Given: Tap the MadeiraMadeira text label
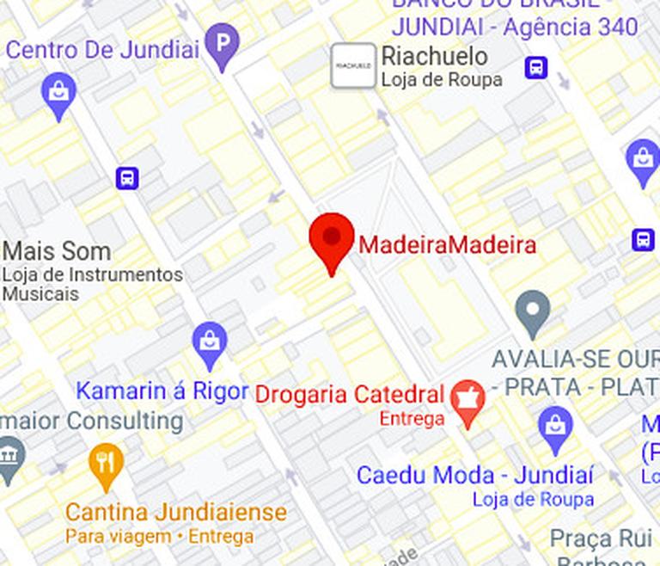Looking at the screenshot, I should pos(447,245).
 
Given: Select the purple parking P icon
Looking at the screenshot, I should pos(223,44).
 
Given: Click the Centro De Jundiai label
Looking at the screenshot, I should pos(102,49).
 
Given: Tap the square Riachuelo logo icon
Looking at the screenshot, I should pos(353,65).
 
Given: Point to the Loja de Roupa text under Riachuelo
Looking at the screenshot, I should pos(442,81).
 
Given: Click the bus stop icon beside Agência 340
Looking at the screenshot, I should pos(537,66).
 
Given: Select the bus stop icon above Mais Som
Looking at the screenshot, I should pos(127,178).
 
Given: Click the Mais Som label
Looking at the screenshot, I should pos(57,251).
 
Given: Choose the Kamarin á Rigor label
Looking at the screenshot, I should pos(162,391).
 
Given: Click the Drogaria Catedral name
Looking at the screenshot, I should pos(350,396).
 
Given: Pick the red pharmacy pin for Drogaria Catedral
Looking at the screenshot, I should pos(468,401).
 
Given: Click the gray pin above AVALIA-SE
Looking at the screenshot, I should pos(533,311).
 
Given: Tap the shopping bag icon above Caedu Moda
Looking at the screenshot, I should pos(556,427).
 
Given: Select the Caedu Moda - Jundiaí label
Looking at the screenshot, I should pos(474,475).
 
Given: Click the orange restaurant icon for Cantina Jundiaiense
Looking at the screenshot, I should pos(106,464).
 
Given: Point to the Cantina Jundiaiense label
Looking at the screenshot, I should pos(176,513).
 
